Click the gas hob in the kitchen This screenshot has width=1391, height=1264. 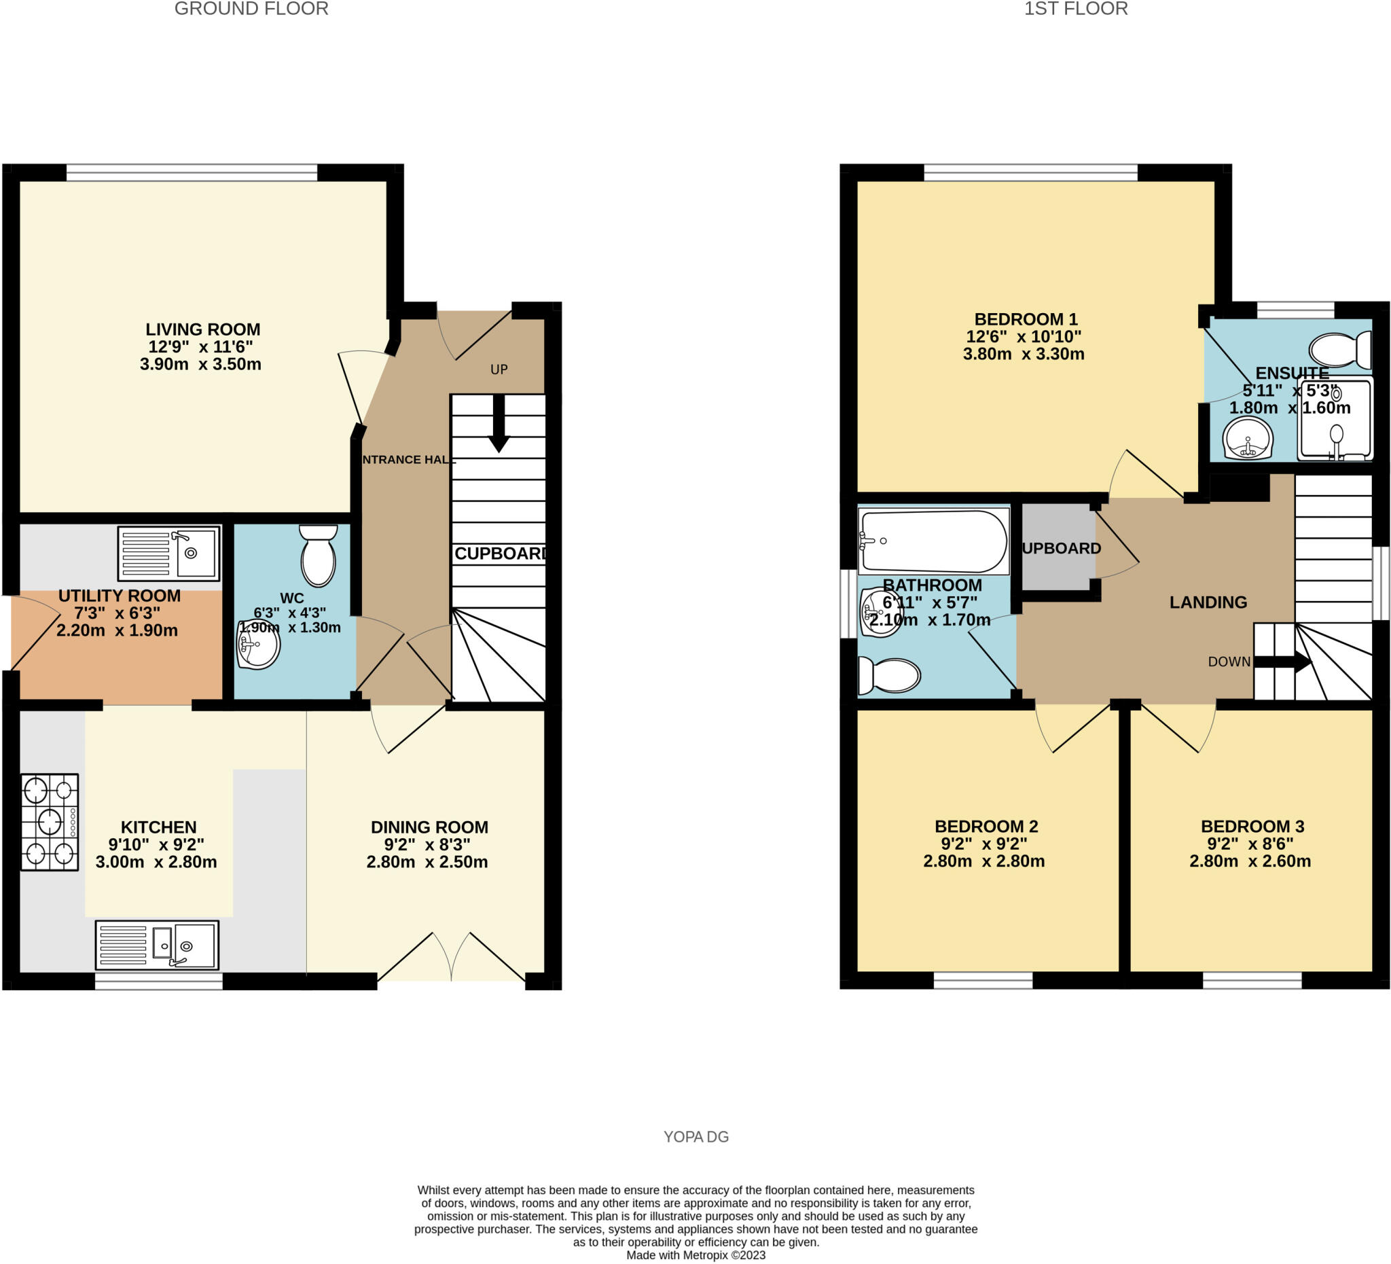pyautogui.click(x=49, y=822)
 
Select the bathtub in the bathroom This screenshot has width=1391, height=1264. pyautogui.click(x=933, y=541)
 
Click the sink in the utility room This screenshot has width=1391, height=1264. pyautogui.click(x=169, y=554)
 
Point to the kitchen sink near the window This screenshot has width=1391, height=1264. pyautogui.click(x=157, y=945)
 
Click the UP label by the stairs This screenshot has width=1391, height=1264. pyautogui.click(x=499, y=369)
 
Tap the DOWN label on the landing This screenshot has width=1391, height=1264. pyautogui.click(x=1229, y=662)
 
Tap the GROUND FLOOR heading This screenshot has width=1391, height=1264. pyautogui.click(x=251, y=9)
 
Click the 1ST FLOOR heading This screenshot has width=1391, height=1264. pyautogui.click(x=1076, y=9)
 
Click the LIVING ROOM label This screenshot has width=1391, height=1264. pyautogui.click(x=202, y=329)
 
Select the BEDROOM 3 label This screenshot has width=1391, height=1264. pyautogui.click(x=1252, y=826)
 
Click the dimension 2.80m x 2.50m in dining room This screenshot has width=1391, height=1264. pyautogui.click(x=427, y=862)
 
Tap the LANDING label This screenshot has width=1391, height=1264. pyautogui.click(x=1208, y=602)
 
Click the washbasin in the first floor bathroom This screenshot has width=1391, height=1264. pyautogui.click(x=880, y=612)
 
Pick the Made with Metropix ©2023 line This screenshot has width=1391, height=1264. pyautogui.click(x=695, y=1255)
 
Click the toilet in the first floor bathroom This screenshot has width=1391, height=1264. pyautogui.click(x=889, y=675)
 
